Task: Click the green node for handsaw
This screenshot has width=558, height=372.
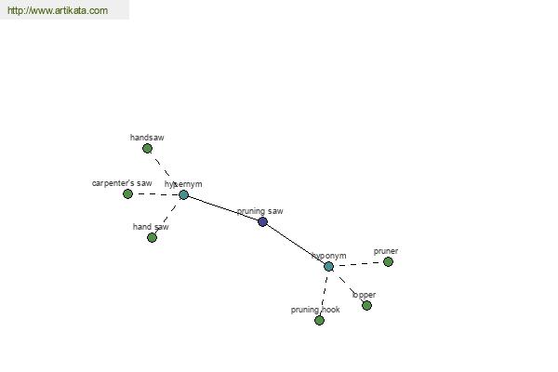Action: pyautogui.click(x=147, y=148)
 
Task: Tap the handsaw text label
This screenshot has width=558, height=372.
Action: pyautogui.click(x=147, y=138)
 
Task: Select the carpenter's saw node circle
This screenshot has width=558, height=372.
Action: pyautogui.click(x=127, y=193)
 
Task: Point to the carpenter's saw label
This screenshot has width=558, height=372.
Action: pyautogui.click(x=122, y=183)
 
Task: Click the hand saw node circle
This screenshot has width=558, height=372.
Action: pyautogui.click(x=152, y=237)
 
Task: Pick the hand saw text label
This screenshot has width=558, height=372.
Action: pyautogui.click(x=151, y=227)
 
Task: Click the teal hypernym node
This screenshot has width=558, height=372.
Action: pyautogui.click(x=183, y=194)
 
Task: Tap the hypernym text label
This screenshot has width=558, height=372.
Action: pyautogui.click(x=183, y=184)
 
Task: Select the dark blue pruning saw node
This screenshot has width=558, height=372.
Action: pyautogui.click(x=262, y=221)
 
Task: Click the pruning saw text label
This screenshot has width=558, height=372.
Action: pyautogui.click(x=260, y=211)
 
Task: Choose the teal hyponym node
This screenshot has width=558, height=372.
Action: pyautogui.click(x=328, y=266)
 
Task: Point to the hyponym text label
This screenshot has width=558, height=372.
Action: pyautogui.click(x=329, y=256)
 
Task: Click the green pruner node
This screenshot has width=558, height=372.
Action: pyautogui.click(x=388, y=261)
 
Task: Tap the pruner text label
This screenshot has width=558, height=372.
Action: pyautogui.click(x=386, y=251)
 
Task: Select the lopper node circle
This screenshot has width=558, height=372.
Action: pyautogui.click(x=366, y=305)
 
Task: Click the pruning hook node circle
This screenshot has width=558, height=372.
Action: pyautogui.click(x=319, y=320)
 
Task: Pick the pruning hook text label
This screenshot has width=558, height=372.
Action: pyautogui.click(x=315, y=310)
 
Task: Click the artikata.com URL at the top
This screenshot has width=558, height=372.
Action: pyautogui.click(x=57, y=11)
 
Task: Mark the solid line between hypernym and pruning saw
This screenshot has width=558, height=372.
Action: pyautogui.click(x=223, y=208)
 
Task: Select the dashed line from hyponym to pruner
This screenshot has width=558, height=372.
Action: pyautogui.click(x=358, y=264)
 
